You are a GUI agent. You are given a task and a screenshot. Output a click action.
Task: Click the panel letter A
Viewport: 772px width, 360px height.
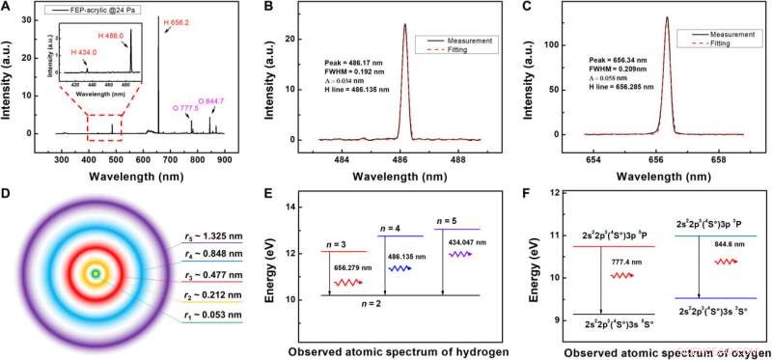(x=8, y=8)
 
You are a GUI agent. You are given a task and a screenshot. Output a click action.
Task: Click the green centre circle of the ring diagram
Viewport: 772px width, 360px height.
(x=96, y=277)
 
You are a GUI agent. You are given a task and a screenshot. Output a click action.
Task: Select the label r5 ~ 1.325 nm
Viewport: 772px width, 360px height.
(x=231, y=237)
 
